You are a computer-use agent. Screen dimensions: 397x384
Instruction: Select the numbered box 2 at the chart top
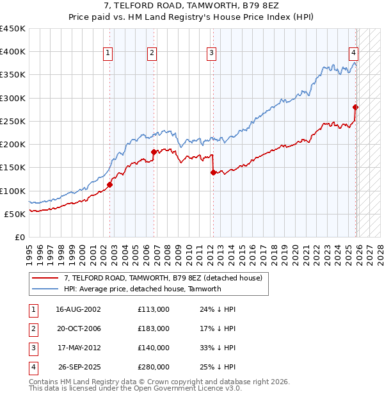(x=152, y=53)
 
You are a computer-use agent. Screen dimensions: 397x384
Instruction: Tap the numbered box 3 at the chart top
(x=211, y=53)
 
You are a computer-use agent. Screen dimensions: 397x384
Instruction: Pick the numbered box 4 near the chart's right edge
(x=353, y=53)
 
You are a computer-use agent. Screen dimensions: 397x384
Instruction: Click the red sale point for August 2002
(x=109, y=184)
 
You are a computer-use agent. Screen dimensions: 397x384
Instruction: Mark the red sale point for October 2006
(x=154, y=152)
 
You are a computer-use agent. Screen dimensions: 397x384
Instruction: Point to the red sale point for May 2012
(x=212, y=172)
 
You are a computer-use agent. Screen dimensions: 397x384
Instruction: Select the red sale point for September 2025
(x=355, y=108)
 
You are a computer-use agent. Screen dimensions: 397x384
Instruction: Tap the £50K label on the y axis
(x=15, y=214)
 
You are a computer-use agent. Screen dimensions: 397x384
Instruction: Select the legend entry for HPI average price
(x=142, y=289)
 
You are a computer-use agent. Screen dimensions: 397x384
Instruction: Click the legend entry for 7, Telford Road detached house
(x=163, y=278)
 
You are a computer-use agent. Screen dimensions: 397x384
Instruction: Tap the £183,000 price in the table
(x=153, y=328)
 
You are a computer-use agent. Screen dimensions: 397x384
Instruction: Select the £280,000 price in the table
(x=153, y=367)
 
